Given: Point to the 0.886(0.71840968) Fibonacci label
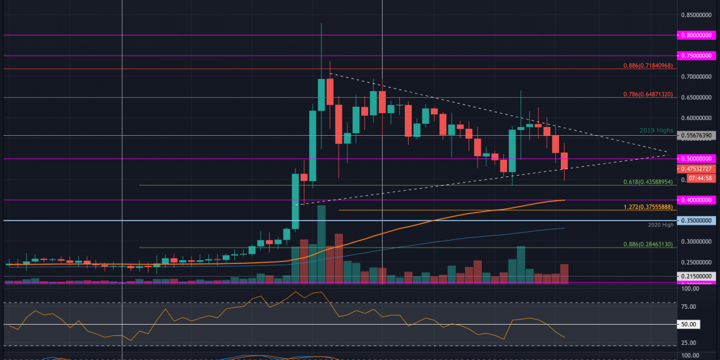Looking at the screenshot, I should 647,65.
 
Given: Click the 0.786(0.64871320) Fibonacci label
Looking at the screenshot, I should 647,94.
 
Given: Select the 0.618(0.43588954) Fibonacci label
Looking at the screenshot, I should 647,181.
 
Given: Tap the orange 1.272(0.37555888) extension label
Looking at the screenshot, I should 647,207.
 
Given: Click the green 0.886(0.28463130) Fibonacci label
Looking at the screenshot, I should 647,244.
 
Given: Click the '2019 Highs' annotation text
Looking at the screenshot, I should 656,130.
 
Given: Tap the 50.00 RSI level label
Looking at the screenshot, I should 689,324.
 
